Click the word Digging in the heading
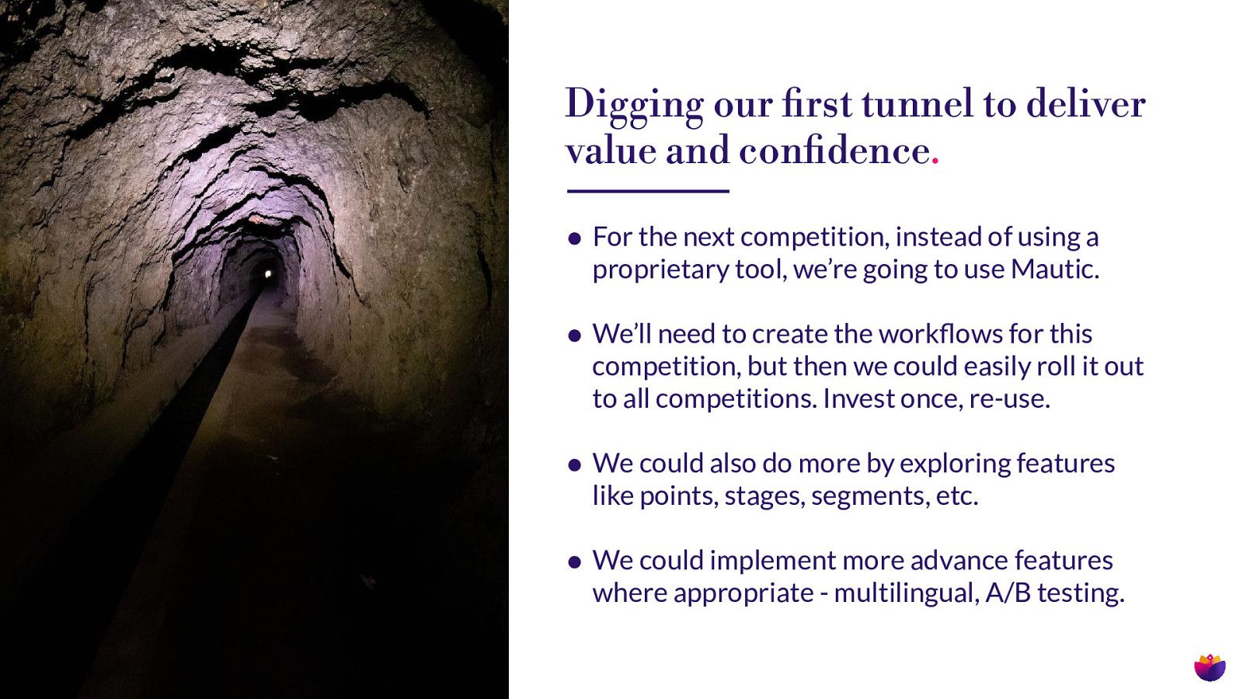point(634,106)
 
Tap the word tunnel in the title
point(917,104)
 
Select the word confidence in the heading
point(834,151)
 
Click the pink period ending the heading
point(935,162)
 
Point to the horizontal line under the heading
point(648,191)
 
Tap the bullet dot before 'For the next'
point(574,239)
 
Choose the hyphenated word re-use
point(1009,399)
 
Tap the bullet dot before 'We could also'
point(574,465)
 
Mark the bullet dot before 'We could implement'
point(574,562)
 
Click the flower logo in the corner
point(1210,667)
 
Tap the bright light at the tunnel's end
point(268,274)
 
